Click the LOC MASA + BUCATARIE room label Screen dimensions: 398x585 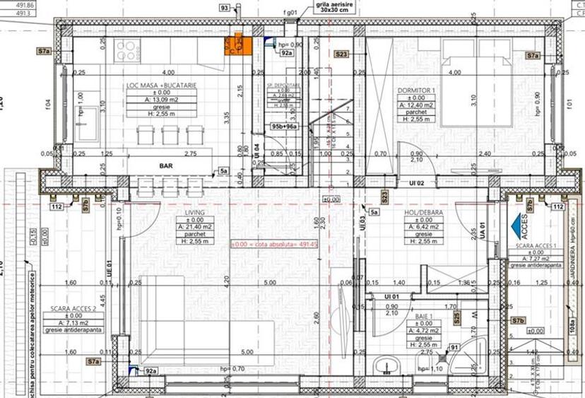tap(161, 85)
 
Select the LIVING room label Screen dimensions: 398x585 tap(195, 212)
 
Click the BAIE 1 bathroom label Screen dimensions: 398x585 tap(424, 308)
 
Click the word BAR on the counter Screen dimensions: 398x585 tap(167, 166)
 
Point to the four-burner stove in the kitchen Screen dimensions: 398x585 tap(128, 49)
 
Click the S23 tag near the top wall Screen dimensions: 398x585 tap(342, 54)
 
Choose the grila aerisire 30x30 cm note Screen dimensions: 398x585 tap(336, 8)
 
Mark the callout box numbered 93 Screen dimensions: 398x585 tap(225, 8)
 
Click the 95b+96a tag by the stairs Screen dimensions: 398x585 tap(285, 127)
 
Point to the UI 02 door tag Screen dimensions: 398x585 tap(415, 183)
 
